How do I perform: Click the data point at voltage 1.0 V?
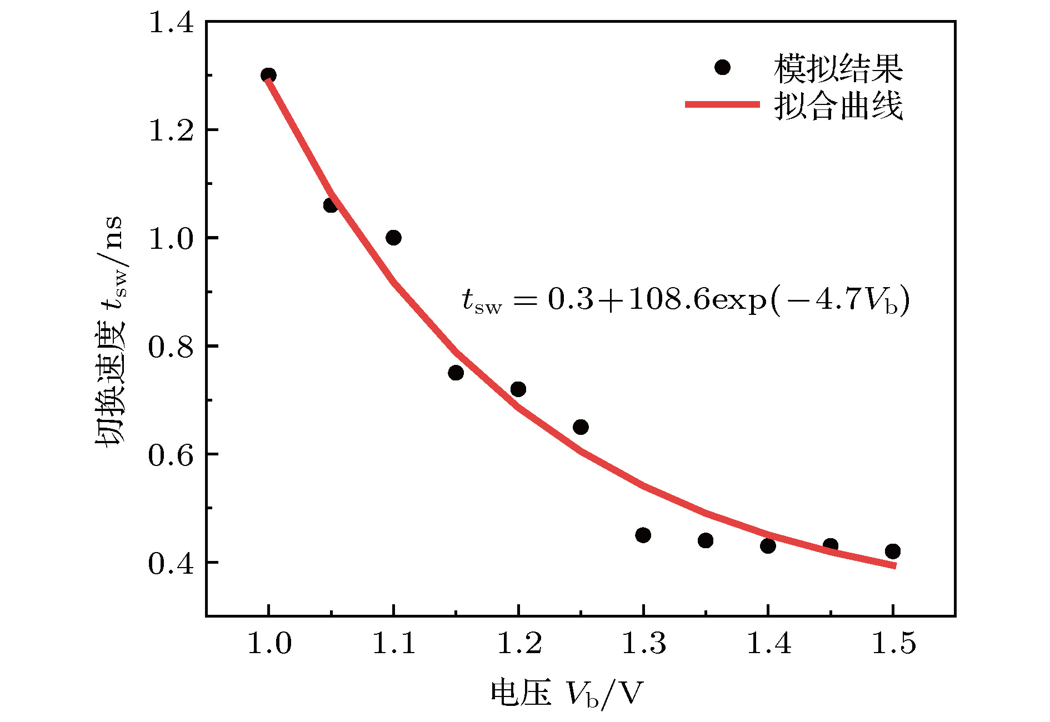pos(268,75)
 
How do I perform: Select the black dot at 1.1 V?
pos(393,238)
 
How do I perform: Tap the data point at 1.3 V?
pos(643,535)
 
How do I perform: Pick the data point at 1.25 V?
pos(581,427)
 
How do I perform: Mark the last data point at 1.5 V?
pos(893,551)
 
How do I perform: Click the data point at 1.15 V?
pos(456,373)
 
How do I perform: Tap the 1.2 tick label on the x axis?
pos(518,643)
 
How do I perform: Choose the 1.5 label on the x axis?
pos(893,643)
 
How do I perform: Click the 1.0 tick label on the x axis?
pos(268,643)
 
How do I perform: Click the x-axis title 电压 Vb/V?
pos(566,693)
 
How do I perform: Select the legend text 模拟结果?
pos(838,68)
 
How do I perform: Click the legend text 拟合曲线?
pos(838,106)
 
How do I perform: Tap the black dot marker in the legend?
pos(722,68)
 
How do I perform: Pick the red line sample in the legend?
pos(722,104)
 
